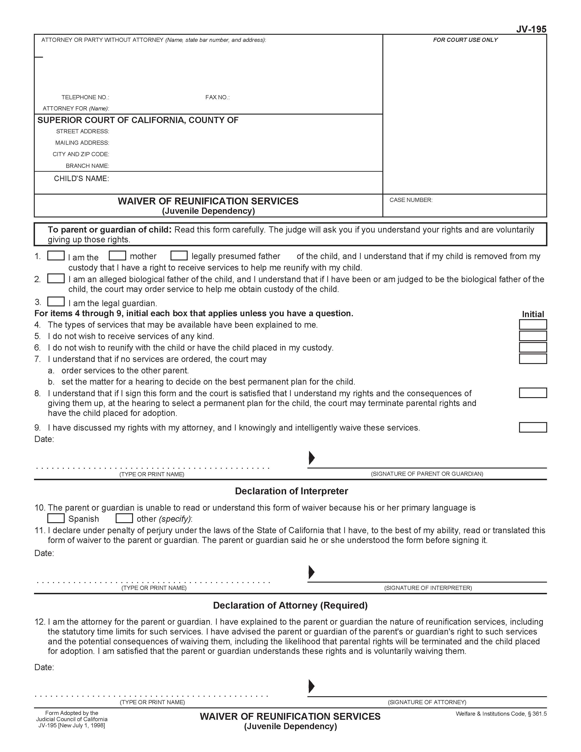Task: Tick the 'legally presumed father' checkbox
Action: pyautogui.click(x=179, y=255)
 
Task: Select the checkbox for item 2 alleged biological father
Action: pyautogui.click(x=56, y=278)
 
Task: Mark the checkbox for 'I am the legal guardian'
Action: pyautogui.click(x=56, y=301)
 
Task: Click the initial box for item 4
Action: pyautogui.click(x=533, y=324)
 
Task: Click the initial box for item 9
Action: pyautogui.click(x=533, y=427)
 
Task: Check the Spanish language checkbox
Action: pyautogui.click(x=56, y=518)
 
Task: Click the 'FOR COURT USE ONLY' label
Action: pyautogui.click(x=465, y=40)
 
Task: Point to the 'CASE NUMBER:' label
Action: pyautogui.click(x=411, y=200)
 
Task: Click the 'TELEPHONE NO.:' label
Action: pyautogui.click(x=85, y=97)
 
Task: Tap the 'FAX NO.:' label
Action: pyautogui.click(x=217, y=97)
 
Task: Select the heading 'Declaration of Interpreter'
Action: pyautogui.click(x=291, y=491)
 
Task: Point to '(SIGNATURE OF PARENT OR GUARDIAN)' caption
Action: pyautogui.click(x=427, y=474)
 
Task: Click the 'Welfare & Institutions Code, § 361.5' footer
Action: pyautogui.click(x=501, y=714)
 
